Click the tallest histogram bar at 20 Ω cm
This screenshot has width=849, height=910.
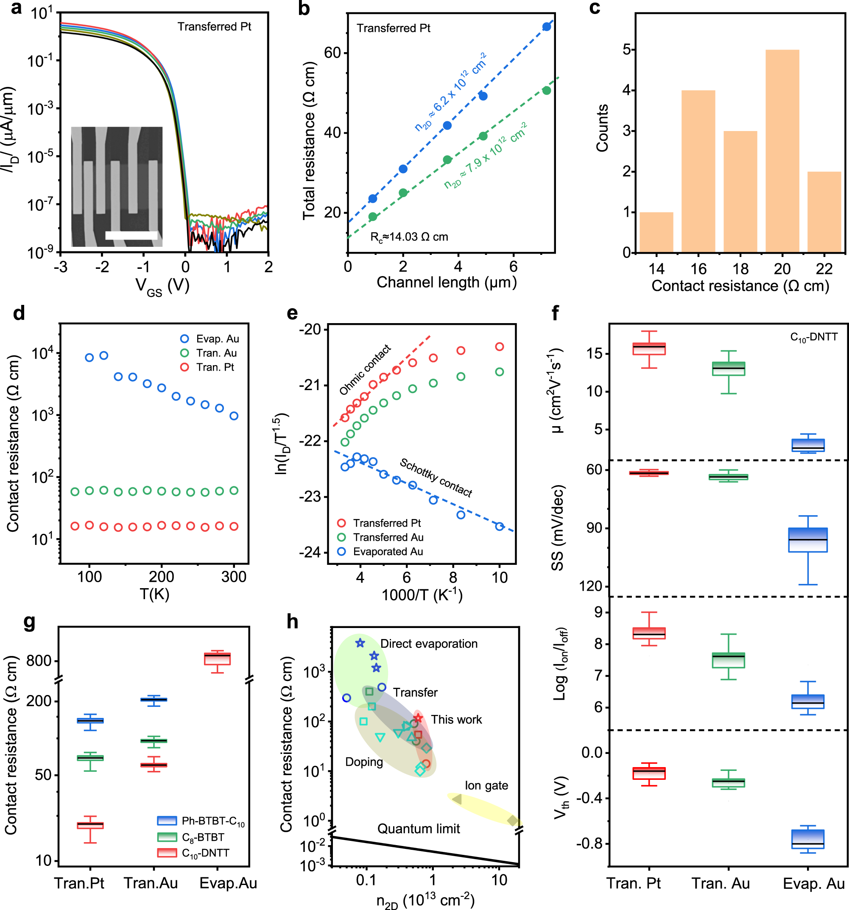(782, 151)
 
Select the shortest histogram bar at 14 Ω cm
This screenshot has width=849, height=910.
(656, 232)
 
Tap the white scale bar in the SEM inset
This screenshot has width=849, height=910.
(131, 235)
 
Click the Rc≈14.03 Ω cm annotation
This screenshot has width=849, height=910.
(409, 237)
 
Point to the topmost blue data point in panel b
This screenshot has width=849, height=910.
(546, 27)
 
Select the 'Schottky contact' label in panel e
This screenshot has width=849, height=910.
(436, 477)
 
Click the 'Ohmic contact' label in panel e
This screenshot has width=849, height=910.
(365, 370)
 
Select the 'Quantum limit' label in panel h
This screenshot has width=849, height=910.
(418, 829)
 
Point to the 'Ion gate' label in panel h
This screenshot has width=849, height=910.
(486, 785)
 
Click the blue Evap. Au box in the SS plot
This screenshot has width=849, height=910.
(807, 540)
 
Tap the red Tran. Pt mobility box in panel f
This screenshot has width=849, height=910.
(648, 348)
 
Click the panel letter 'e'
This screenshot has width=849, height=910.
(291, 313)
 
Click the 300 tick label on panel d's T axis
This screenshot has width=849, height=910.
(233, 577)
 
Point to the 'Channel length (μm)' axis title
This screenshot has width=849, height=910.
(446, 282)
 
